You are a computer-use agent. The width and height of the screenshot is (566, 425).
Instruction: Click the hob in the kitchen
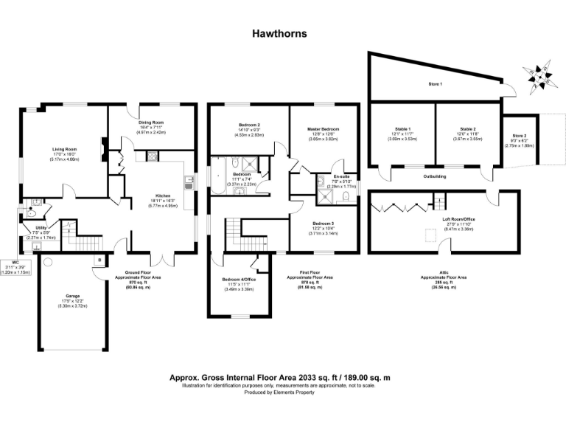click(152, 156)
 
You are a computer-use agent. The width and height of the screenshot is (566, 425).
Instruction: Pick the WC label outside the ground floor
click(10, 266)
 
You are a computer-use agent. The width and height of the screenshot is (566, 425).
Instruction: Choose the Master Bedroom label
click(323, 129)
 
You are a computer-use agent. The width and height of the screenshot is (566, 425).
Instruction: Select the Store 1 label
click(436, 84)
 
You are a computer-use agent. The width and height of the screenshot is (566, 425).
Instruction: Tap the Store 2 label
click(520, 136)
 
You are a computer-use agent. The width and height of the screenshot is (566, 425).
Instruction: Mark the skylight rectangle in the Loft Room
click(428, 236)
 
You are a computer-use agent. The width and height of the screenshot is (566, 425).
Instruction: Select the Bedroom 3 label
click(322, 223)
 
